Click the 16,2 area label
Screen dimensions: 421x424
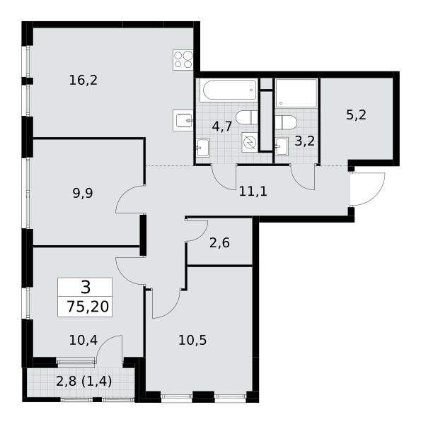point(83,81)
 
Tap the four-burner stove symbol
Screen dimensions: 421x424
point(183,60)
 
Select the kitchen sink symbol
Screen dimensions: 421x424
point(183,121)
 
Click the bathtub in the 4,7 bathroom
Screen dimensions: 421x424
point(229,90)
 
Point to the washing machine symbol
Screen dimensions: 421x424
point(250,142)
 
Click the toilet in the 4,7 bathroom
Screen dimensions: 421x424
point(246,117)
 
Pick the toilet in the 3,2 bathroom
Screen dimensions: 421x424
point(286,122)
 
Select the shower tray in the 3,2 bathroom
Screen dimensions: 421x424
point(296,93)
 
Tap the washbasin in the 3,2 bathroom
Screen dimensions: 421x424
point(282,146)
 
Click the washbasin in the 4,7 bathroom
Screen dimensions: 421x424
point(203,148)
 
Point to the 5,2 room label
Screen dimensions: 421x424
point(356,115)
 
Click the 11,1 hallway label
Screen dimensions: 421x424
point(253,192)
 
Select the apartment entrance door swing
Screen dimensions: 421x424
point(367,189)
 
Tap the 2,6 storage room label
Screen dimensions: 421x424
point(219,243)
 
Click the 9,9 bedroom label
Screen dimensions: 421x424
point(83,194)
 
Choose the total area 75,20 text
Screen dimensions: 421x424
point(88,307)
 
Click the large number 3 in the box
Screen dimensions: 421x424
point(86,287)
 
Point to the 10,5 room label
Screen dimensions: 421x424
point(192,340)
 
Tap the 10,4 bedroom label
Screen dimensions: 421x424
point(83,340)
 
